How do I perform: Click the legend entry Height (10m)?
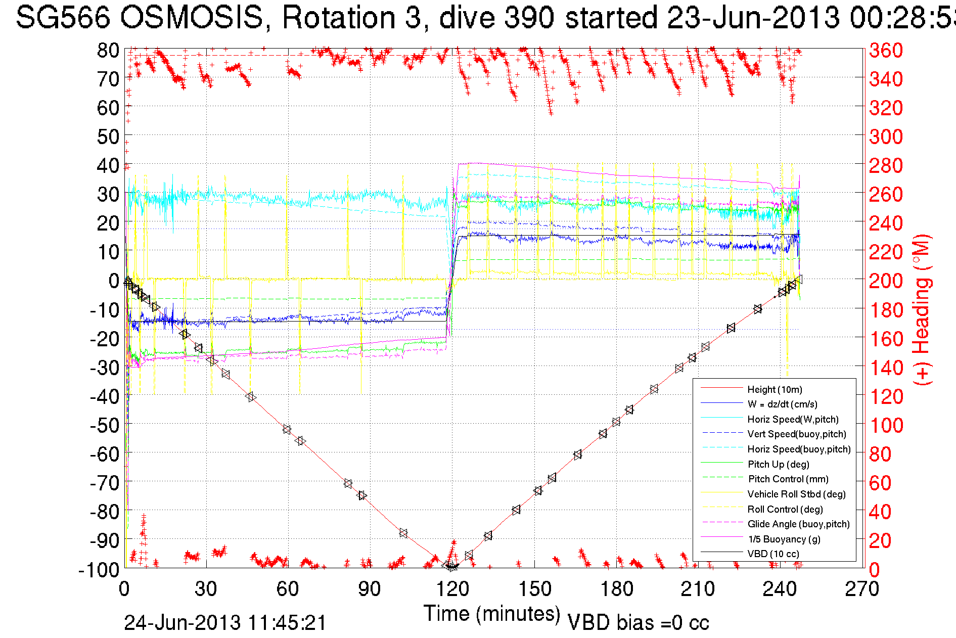point(775,389)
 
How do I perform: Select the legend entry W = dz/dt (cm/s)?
point(782,404)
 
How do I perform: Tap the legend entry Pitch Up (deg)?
point(778,464)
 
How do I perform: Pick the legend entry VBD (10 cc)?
point(773,554)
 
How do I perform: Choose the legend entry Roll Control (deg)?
point(785,509)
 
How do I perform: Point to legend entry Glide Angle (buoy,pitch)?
point(798,524)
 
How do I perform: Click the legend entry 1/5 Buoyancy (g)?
point(784,539)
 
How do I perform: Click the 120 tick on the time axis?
point(452,589)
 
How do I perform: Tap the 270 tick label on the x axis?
point(862,589)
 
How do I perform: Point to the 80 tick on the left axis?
point(108,50)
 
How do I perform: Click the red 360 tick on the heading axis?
point(886,50)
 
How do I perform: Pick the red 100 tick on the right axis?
point(886,425)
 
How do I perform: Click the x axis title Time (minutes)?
point(491,614)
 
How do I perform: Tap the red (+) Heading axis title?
point(921,309)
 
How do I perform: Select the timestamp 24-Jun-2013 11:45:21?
point(225,623)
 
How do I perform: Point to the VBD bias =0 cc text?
point(638,623)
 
